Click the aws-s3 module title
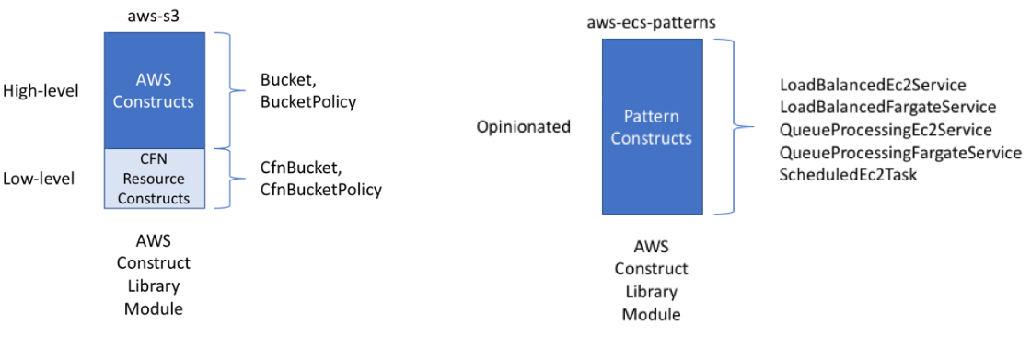coord(154,17)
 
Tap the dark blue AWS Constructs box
coord(154,90)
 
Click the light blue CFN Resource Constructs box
coord(154,179)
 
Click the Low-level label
coord(39,178)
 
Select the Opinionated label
coord(524,127)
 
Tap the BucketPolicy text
coord(308,101)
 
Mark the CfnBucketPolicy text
coord(321,190)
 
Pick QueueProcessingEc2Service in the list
coord(886,130)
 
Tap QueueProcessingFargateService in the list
coord(900,152)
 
